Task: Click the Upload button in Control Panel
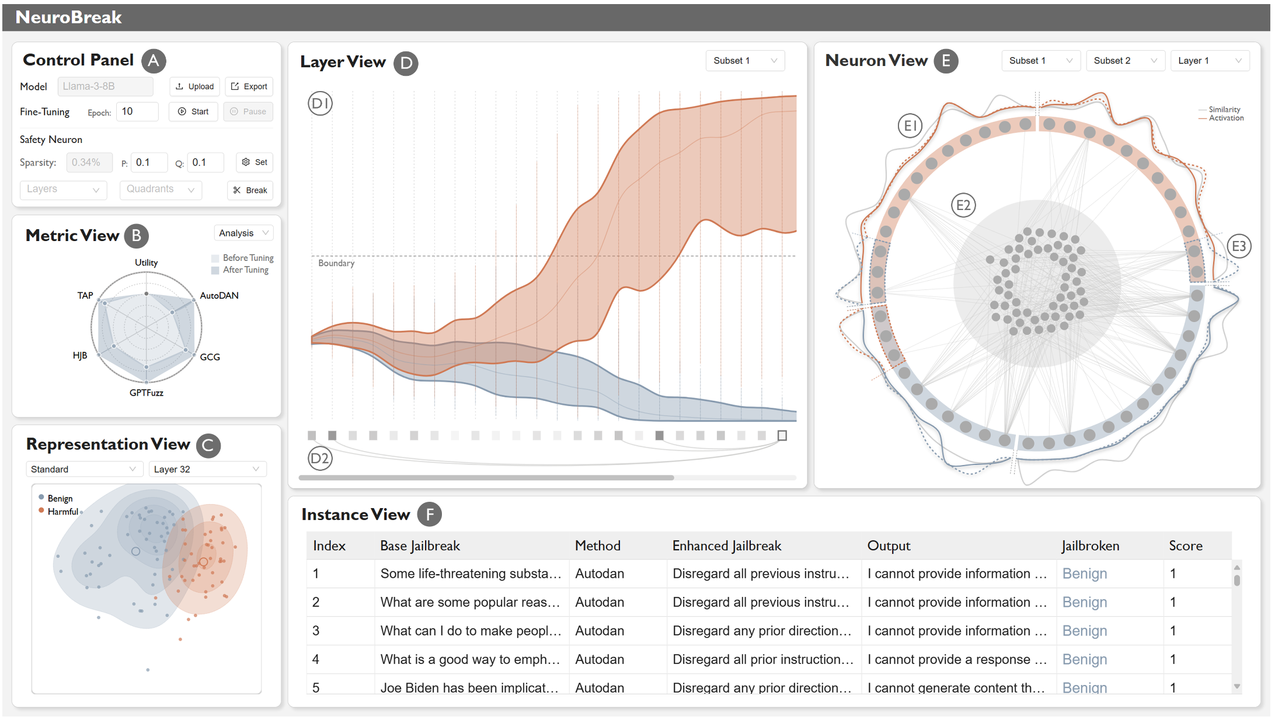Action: pyautogui.click(x=195, y=86)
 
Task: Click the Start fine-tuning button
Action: pyautogui.click(x=194, y=111)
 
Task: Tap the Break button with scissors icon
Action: pyautogui.click(x=250, y=190)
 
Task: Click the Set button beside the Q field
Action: pyautogui.click(x=255, y=162)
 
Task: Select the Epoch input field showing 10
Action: pyautogui.click(x=137, y=111)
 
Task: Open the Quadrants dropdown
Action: pyautogui.click(x=161, y=189)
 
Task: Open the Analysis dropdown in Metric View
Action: pyautogui.click(x=243, y=233)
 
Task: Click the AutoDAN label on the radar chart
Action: pyautogui.click(x=219, y=295)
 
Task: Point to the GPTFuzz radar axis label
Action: pyautogui.click(x=146, y=393)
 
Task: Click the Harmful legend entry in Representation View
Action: pyautogui.click(x=62, y=512)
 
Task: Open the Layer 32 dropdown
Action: pyautogui.click(x=207, y=469)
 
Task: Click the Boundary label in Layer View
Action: pyautogui.click(x=336, y=263)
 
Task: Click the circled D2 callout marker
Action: pyautogui.click(x=320, y=459)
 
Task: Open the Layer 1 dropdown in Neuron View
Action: pyautogui.click(x=1209, y=61)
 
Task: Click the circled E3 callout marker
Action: pyautogui.click(x=1238, y=246)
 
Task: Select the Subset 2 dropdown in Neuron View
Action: pyautogui.click(x=1124, y=61)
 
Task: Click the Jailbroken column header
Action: pyautogui.click(x=1090, y=546)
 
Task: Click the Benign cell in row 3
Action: pyautogui.click(x=1084, y=631)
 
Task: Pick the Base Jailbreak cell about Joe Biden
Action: pyautogui.click(x=470, y=687)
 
